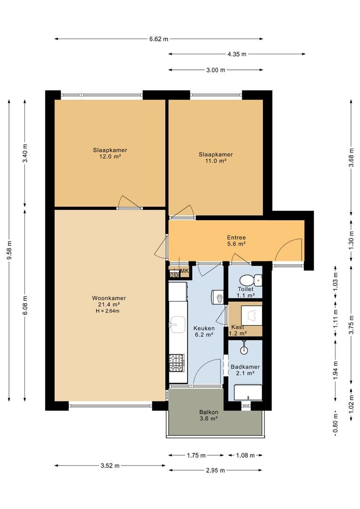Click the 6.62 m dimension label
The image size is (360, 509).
pos(159,39)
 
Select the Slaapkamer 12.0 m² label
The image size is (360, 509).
pos(110,153)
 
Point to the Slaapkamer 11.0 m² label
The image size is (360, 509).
pos(215,157)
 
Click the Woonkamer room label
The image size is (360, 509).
pos(109,301)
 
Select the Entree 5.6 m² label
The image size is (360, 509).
pos(236,241)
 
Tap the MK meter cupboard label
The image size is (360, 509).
pos(184,271)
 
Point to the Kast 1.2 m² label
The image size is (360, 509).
pos(237,330)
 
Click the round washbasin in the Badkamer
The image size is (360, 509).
pos(244,350)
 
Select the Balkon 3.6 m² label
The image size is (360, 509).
pos(208,415)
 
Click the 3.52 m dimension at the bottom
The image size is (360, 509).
pos(110,466)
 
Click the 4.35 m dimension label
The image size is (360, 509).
pos(237,54)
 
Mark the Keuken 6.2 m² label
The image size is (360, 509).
pos(204,331)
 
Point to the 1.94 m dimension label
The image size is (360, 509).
pos(335,370)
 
